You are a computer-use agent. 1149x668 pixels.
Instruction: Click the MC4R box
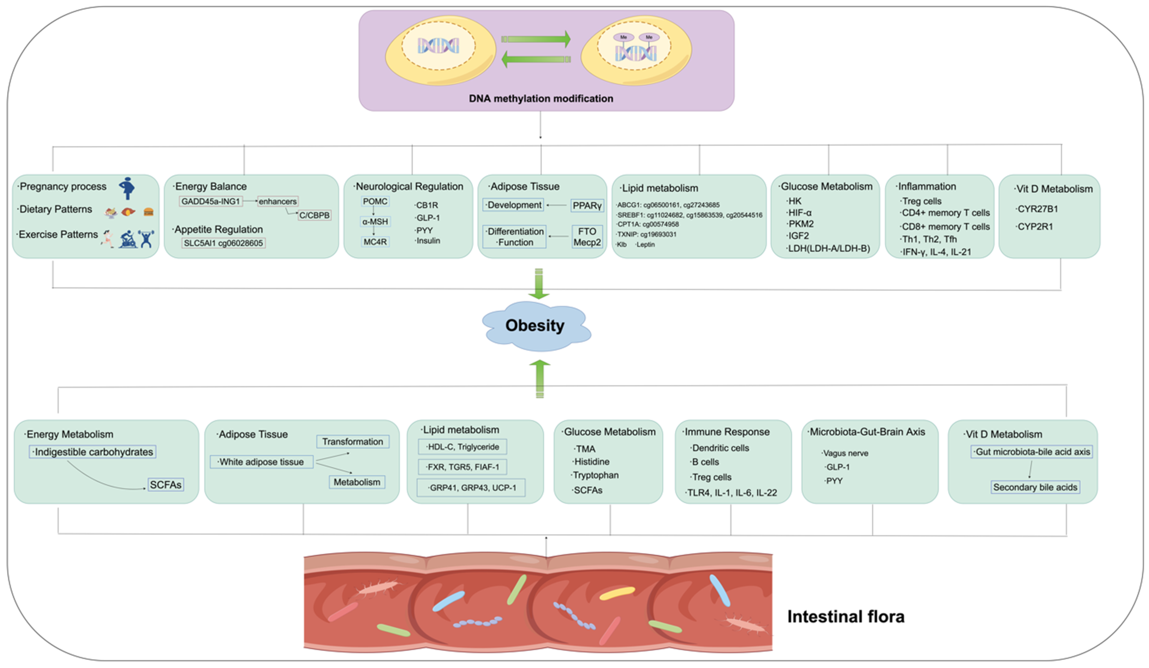click(x=375, y=242)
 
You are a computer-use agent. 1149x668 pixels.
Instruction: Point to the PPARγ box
click(x=587, y=206)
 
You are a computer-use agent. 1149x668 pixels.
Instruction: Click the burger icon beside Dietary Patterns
click(x=149, y=212)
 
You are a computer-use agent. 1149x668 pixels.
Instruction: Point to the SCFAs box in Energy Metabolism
click(x=166, y=485)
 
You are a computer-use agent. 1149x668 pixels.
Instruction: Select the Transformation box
click(x=353, y=442)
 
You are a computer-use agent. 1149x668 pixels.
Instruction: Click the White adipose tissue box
click(x=261, y=462)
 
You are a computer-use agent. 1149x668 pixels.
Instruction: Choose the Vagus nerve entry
click(x=845, y=453)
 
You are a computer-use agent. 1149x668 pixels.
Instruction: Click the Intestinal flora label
click(x=845, y=616)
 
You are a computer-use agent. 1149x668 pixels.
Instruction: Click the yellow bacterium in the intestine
click(x=616, y=593)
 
